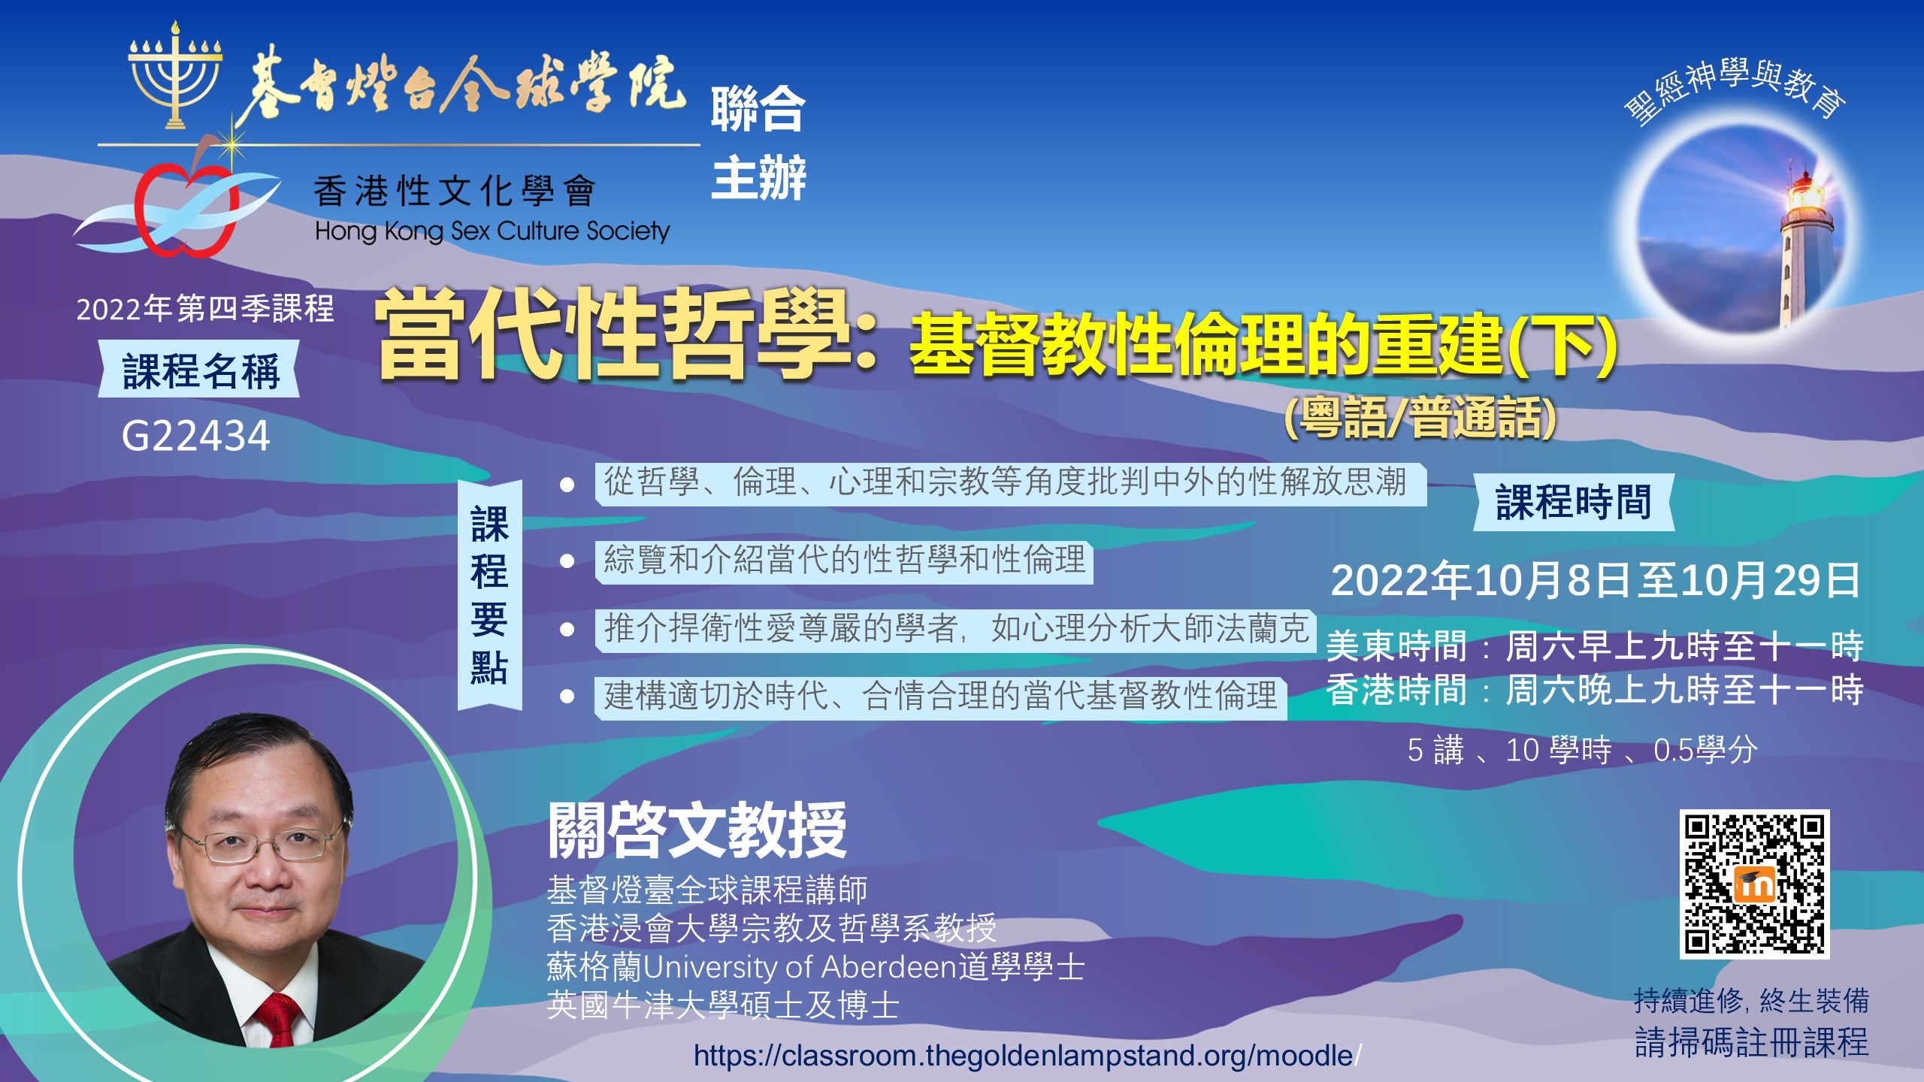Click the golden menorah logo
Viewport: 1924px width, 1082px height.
coord(175,75)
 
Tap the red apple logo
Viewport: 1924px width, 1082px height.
coord(186,207)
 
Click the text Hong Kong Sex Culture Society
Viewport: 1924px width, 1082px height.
coord(492,231)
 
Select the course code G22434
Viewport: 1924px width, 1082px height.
coord(195,436)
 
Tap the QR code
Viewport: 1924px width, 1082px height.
coord(1754,884)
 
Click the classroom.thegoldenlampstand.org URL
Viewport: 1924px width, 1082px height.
coord(1027,1056)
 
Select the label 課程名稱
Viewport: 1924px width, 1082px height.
coord(200,370)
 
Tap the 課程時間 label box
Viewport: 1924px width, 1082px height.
coord(1574,502)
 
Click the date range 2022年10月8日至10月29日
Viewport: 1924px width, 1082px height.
coord(1596,581)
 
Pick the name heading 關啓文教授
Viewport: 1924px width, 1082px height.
coord(697,830)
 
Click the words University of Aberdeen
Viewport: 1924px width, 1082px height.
coord(799,967)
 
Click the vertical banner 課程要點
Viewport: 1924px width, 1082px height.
coord(489,595)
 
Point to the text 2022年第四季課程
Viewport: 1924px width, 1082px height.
coord(205,309)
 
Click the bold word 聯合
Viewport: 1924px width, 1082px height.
coord(758,110)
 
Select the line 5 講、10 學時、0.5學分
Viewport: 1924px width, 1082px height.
coord(1582,750)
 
